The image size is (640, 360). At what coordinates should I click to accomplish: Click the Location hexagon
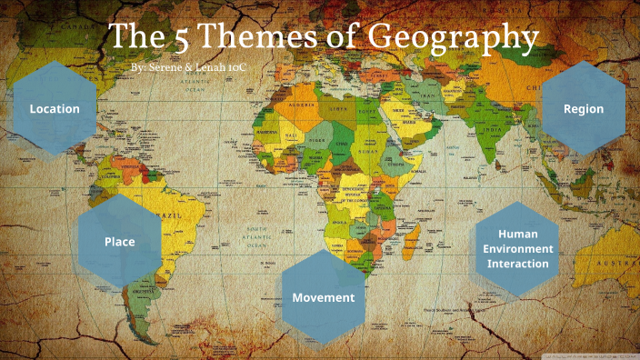pyautogui.click(x=55, y=109)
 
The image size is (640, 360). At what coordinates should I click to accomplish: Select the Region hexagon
pyautogui.click(x=583, y=109)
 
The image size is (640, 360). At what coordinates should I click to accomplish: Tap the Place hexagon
pyautogui.click(x=119, y=242)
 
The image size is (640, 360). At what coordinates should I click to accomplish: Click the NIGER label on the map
pyautogui.click(x=319, y=141)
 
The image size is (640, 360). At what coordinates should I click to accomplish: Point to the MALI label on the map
pyautogui.click(x=290, y=138)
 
